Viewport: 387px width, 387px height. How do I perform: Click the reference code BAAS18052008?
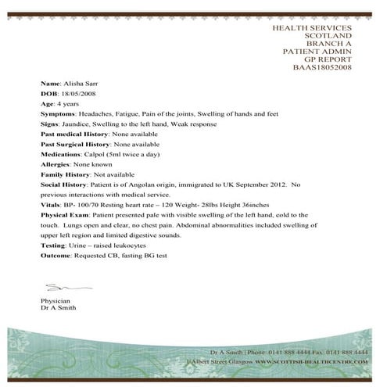point(322,67)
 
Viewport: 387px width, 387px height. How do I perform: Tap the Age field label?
point(47,102)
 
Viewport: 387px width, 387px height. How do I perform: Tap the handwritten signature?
point(55,287)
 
